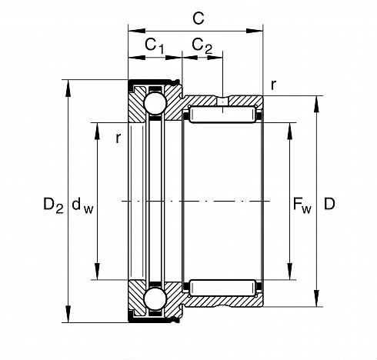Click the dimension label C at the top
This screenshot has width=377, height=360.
click(199, 18)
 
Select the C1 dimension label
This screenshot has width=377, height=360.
click(154, 45)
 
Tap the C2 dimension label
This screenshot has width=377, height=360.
click(202, 45)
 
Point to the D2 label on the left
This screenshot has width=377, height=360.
click(53, 205)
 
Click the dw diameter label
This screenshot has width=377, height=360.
click(82, 205)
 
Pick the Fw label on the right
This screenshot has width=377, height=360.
click(302, 205)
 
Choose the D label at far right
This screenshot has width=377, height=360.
click(329, 204)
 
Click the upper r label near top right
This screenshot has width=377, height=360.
click(274, 85)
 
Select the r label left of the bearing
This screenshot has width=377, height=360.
click(118, 138)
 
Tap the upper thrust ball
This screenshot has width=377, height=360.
click(155, 104)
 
